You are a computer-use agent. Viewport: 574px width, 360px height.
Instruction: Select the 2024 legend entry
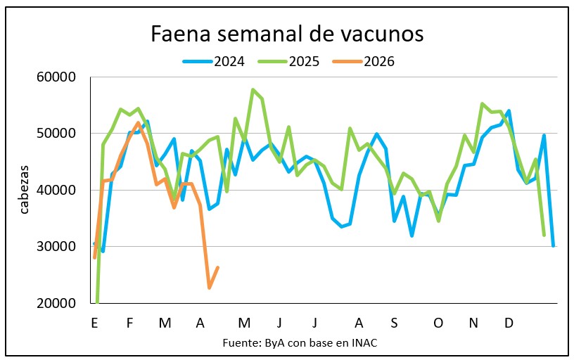tap(214, 61)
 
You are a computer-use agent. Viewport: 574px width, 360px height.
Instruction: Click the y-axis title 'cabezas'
tap(25, 191)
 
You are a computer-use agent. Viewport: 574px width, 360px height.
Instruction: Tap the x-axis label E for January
tap(94, 323)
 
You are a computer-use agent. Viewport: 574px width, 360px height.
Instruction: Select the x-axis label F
tap(129, 323)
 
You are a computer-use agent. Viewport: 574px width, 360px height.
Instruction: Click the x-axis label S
tap(394, 323)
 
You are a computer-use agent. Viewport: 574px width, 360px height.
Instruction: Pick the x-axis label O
tap(438, 323)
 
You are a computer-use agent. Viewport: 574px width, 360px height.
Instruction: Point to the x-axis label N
tap(473, 323)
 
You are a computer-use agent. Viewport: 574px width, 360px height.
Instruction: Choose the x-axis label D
tap(509, 323)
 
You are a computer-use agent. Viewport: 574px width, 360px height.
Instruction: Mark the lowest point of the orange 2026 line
tap(210, 288)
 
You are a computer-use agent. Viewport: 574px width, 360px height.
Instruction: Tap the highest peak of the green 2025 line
tap(253, 89)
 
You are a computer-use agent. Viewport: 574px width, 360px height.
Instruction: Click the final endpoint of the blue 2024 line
tap(553, 245)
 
